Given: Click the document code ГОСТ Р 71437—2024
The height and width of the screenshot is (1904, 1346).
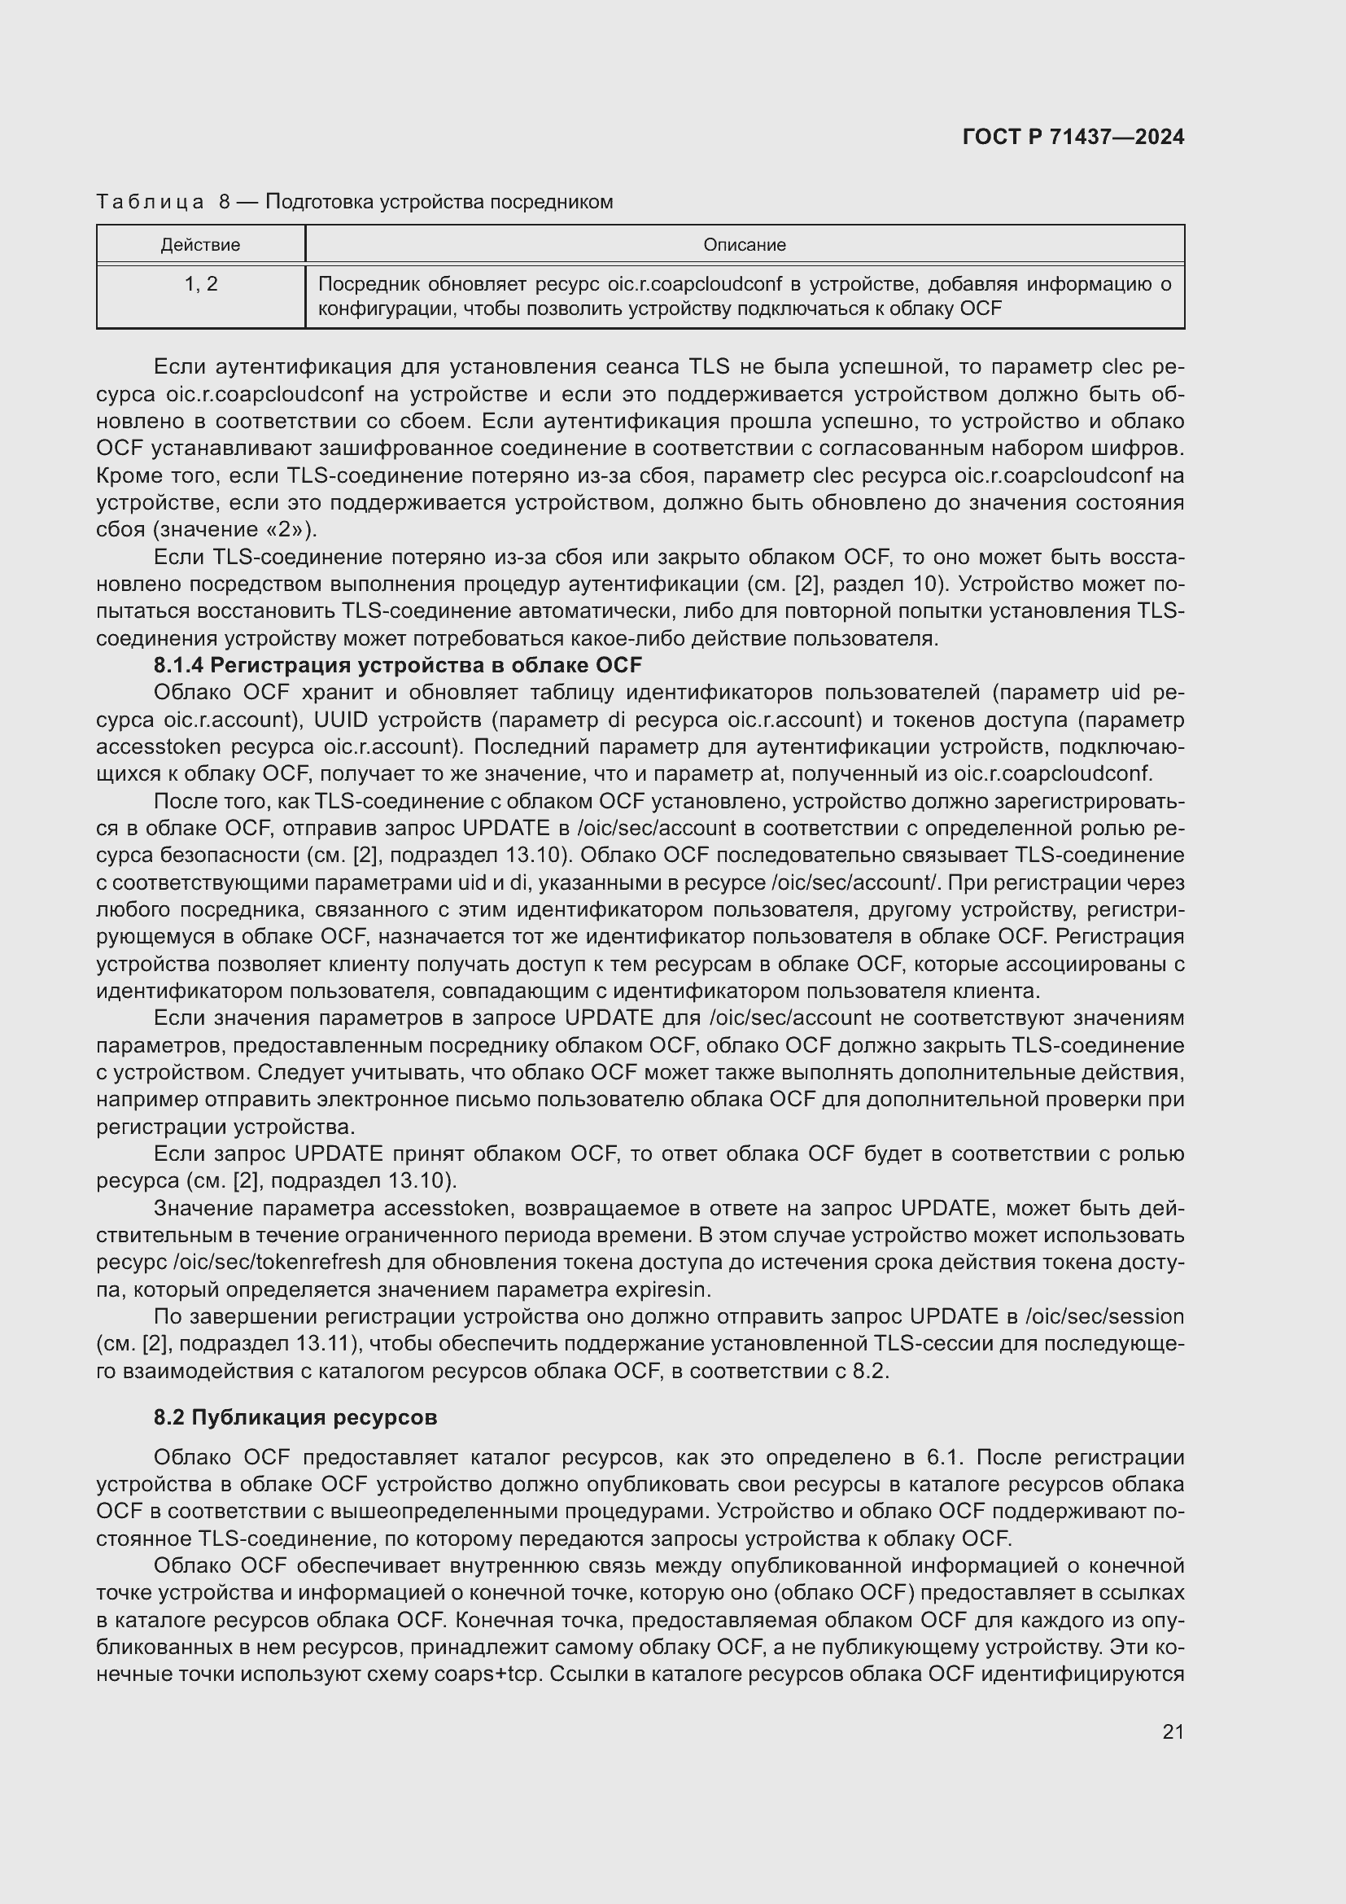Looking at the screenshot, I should pos(1073,138).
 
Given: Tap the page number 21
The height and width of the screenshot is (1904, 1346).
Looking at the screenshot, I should pos(1172,1731).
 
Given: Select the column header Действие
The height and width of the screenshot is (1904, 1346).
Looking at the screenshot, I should pos(199,246).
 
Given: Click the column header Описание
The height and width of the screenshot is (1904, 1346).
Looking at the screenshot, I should pos(744,246).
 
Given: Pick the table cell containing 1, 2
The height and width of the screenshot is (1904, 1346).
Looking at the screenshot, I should pos(199,284).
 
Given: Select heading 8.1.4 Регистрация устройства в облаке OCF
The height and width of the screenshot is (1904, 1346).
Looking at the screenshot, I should pos(397,665).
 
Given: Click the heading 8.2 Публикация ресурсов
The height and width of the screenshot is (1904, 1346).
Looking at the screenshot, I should pos(295,1417).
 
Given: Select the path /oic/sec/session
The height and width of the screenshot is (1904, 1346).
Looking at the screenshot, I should pos(1104,1317).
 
